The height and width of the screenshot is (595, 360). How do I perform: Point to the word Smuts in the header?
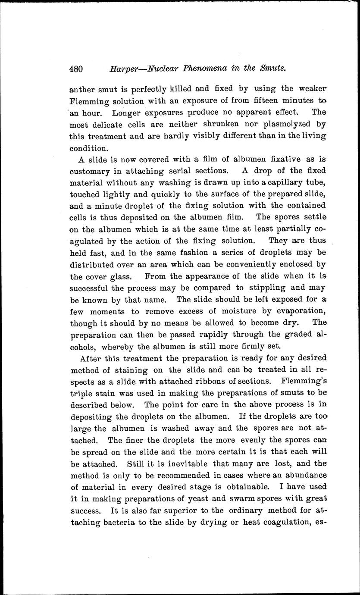click(x=273, y=68)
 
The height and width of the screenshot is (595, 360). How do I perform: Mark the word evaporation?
click(x=298, y=311)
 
